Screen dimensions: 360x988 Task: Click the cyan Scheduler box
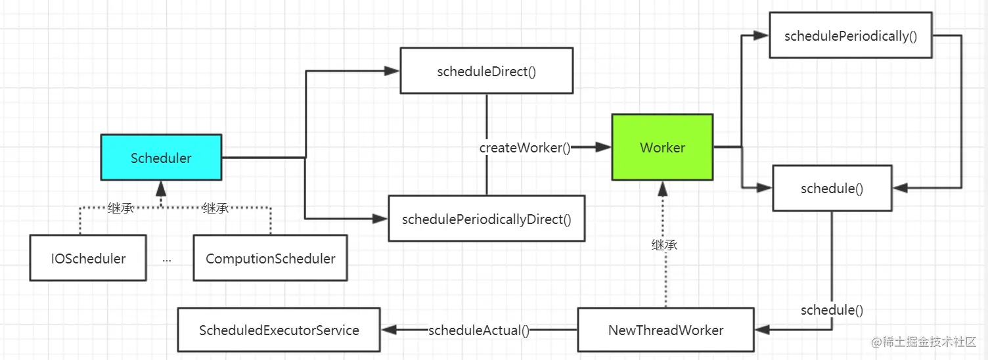(x=161, y=158)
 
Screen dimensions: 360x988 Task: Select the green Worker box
(x=662, y=147)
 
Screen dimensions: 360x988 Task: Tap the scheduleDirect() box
(x=486, y=71)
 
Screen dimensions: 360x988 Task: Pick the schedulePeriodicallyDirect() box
(x=486, y=219)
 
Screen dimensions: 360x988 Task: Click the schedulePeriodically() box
(x=850, y=35)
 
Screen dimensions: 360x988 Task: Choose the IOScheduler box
(x=88, y=258)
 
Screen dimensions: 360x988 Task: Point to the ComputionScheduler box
(x=270, y=258)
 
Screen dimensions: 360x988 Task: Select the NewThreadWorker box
(x=665, y=330)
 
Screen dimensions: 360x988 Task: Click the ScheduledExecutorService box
(x=279, y=330)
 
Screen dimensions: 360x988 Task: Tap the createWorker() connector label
(x=525, y=148)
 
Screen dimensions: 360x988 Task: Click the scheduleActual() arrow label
(x=478, y=330)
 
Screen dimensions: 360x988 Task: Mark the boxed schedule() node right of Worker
(x=832, y=189)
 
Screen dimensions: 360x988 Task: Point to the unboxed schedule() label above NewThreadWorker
(x=832, y=310)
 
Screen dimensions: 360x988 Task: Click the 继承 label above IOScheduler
(x=121, y=208)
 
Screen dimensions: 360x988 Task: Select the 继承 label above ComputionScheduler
(x=215, y=208)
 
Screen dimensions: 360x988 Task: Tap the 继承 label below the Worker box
(x=664, y=245)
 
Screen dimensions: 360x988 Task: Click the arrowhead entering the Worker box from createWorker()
(x=604, y=148)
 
